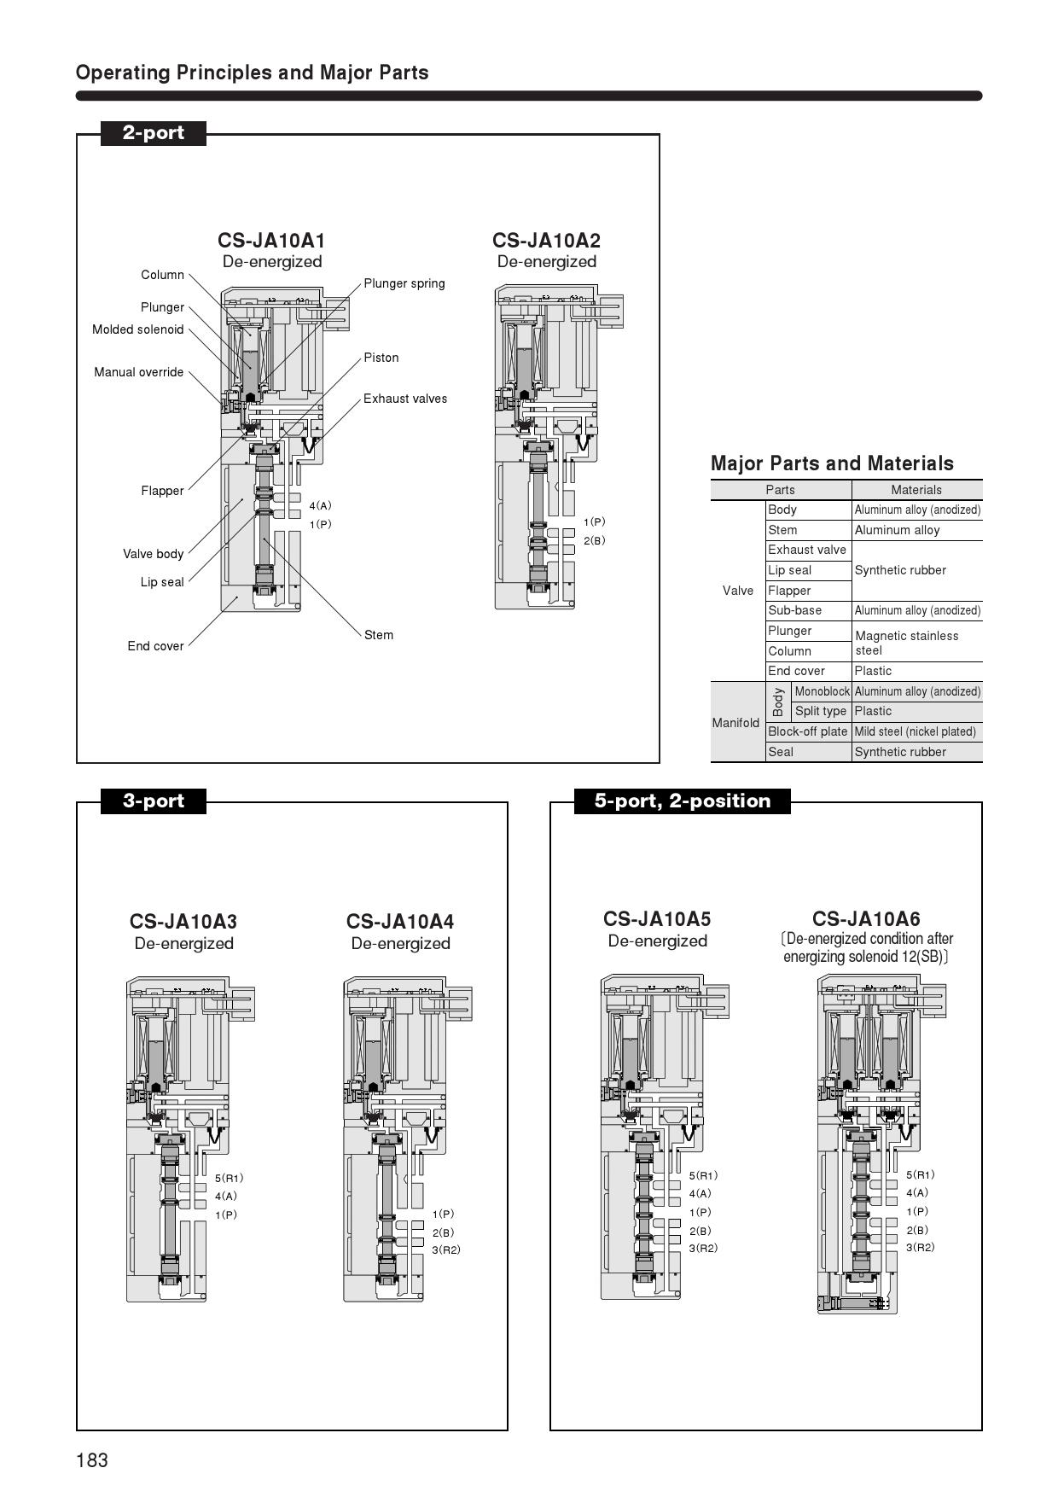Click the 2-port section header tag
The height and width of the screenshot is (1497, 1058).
tap(154, 133)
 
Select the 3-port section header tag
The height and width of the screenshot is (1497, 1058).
tap(154, 801)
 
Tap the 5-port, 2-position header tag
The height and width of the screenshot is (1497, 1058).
tap(682, 801)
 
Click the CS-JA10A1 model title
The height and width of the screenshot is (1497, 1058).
tap(271, 241)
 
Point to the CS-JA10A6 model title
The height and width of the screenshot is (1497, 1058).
tap(866, 919)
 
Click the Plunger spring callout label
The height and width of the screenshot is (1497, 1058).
tap(404, 283)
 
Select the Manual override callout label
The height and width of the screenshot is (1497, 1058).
tap(139, 372)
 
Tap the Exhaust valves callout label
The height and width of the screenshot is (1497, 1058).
tap(405, 399)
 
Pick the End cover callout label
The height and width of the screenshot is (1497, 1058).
tap(155, 646)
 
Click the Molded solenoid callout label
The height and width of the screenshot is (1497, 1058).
tap(138, 329)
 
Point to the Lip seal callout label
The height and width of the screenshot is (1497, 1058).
tap(162, 582)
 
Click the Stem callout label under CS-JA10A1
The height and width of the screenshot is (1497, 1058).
tap(379, 635)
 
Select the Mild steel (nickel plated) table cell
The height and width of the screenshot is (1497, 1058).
tap(916, 731)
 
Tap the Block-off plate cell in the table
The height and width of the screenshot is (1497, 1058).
tap(807, 731)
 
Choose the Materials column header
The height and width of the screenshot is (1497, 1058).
tap(916, 490)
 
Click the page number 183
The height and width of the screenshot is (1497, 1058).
tap(92, 1460)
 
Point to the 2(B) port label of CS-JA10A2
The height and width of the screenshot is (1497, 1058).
tap(595, 540)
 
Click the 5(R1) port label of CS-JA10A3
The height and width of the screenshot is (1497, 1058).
tap(230, 1179)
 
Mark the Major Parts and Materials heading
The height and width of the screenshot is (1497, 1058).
tap(832, 463)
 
